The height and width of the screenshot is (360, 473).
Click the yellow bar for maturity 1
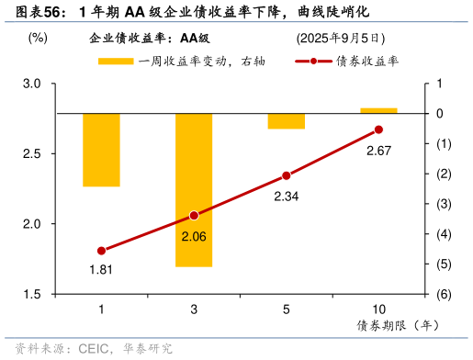(101, 150)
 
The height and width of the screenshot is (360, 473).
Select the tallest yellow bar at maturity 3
(194, 190)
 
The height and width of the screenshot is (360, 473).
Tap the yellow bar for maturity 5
(287, 121)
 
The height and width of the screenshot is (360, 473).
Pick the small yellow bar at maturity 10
(378, 110)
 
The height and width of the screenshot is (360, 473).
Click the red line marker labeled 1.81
(101, 251)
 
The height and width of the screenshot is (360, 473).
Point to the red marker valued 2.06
(194, 216)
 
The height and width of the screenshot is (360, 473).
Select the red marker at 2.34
(287, 175)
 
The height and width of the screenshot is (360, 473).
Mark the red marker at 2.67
(378, 129)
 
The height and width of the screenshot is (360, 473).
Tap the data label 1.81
(101, 269)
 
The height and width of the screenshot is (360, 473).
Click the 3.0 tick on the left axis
(33, 84)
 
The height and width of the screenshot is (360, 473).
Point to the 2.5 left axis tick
(33, 153)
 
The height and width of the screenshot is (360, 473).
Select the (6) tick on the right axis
(441, 295)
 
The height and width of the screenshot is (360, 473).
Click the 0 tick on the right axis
(440, 114)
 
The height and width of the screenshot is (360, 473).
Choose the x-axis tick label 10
(378, 309)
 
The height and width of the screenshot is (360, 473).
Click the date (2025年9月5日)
(340, 39)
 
